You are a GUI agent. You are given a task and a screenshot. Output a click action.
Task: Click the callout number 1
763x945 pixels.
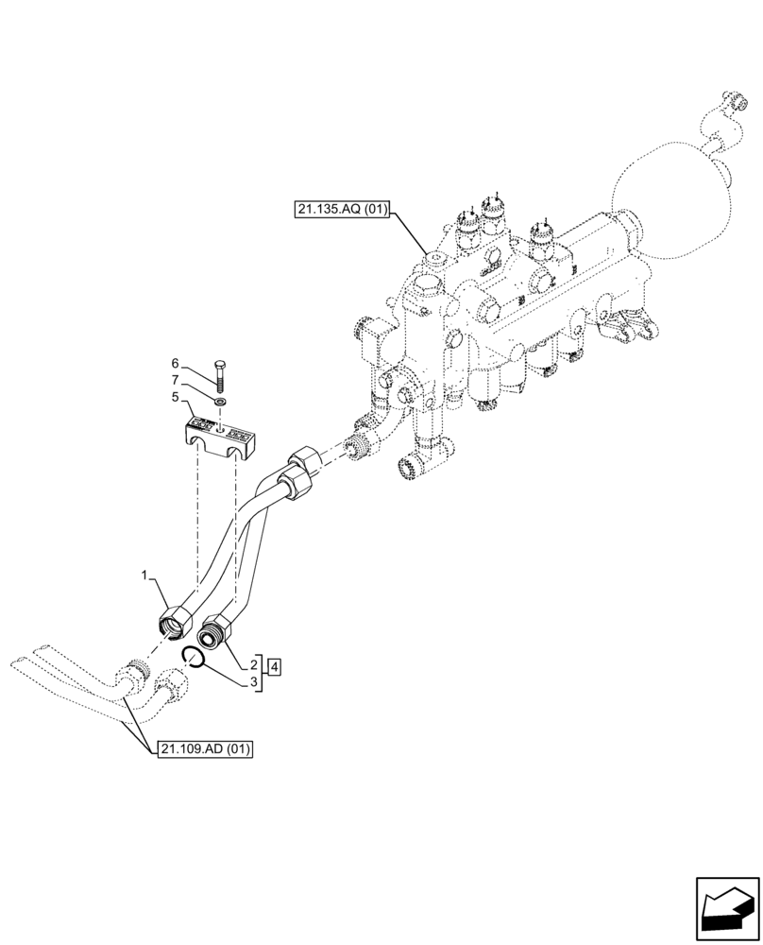(x=144, y=575)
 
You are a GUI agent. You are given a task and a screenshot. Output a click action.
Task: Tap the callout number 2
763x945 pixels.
(x=255, y=665)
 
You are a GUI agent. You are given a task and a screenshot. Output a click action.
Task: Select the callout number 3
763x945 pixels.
(x=255, y=683)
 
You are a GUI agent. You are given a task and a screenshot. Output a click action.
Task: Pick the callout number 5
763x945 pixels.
(x=175, y=398)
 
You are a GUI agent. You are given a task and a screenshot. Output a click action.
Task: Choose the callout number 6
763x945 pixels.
(x=175, y=363)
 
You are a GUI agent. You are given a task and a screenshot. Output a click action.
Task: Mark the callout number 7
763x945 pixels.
(x=175, y=380)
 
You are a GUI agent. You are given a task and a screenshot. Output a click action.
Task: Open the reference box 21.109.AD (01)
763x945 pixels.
(x=205, y=749)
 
